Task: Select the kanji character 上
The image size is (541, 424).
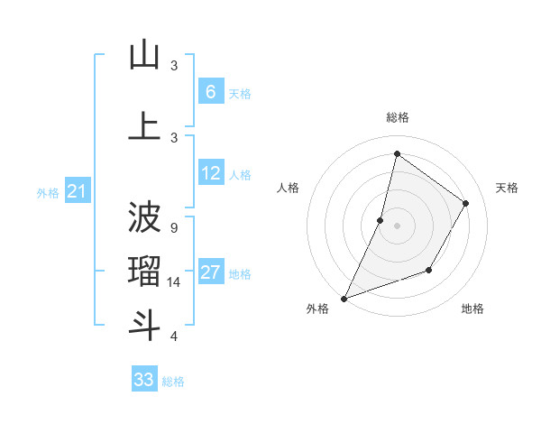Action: [x=144, y=126]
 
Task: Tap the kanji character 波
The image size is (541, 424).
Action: [x=144, y=217]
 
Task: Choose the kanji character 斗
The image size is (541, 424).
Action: [x=144, y=325]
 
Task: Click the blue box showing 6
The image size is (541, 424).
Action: [x=211, y=91]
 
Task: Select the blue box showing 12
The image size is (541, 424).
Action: [x=211, y=173]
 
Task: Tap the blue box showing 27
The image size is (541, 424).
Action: [x=211, y=273]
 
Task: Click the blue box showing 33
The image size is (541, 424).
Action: [x=144, y=380]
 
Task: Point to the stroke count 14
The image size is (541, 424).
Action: [x=175, y=282]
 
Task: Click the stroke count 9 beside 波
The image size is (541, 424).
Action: [x=174, y=228]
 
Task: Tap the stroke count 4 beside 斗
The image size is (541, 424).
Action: [x=174, y=336]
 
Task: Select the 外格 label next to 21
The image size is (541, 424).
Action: [x=48, y=192]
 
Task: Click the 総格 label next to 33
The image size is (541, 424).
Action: [x=173, y=382]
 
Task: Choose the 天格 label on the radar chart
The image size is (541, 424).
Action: [x=507, y=188]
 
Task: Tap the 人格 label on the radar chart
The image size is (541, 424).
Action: [x=288, y=188]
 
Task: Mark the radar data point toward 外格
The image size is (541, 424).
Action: [x=344, y=298]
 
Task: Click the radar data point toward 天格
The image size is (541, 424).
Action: [x=466, y=203]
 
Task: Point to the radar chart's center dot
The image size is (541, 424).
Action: [x=397, y=225]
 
